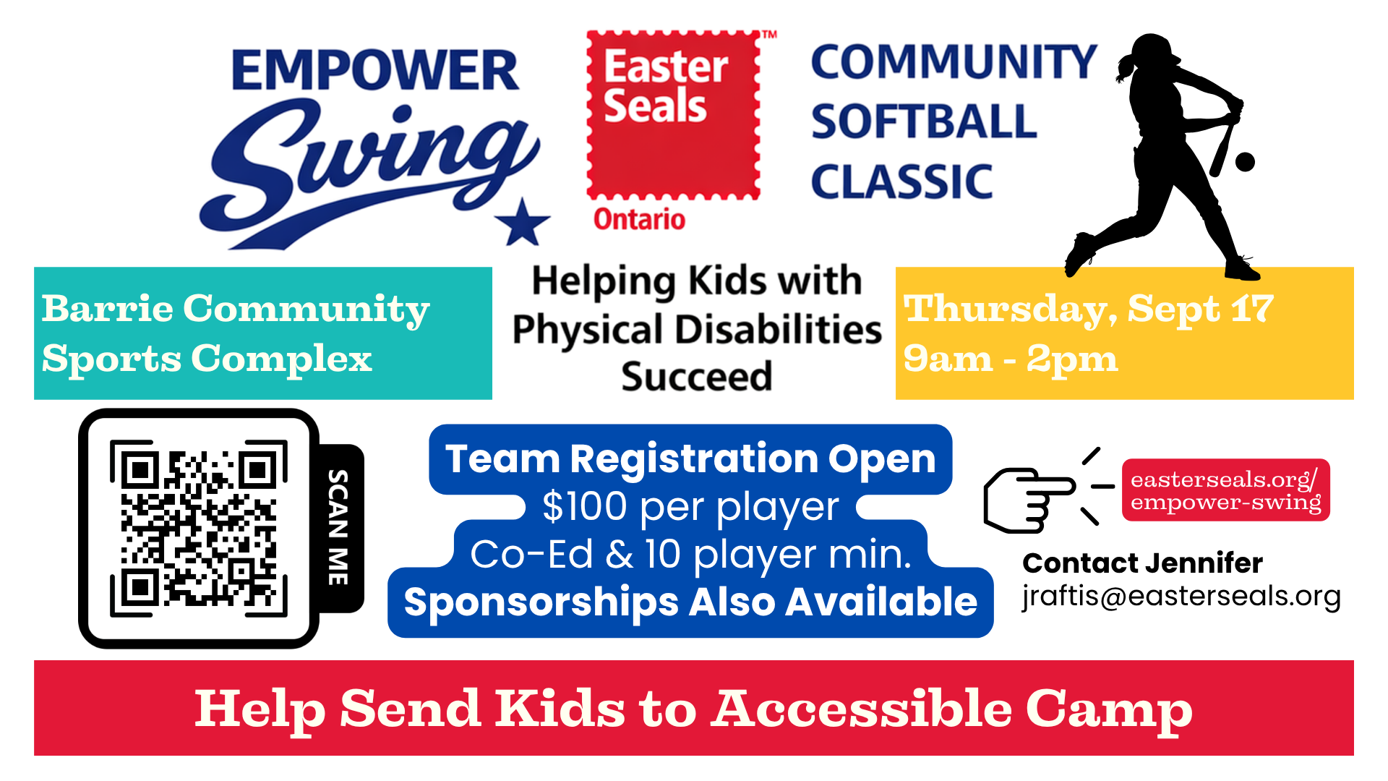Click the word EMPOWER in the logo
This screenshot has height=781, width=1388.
coord(375,70)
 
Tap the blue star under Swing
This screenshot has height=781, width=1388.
coord(523,223)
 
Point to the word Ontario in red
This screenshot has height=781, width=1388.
coord(639,219)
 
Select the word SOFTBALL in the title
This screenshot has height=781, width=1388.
coord(924,121)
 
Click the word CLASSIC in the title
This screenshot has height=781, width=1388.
coord(902,182)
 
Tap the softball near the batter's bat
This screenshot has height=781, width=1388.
coord(1245,162)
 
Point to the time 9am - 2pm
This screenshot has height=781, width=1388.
coord(1011,359)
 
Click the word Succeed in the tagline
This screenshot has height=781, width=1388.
coord(697,377)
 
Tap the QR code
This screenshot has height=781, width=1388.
coord(199,528)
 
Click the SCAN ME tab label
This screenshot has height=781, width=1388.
coord(338,528)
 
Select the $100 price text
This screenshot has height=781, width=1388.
coord(585,506)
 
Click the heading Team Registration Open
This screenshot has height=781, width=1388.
coord(690,458)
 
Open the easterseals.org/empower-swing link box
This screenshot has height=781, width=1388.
coord(1226,490)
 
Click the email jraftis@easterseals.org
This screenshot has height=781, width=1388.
coord(1181,596)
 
